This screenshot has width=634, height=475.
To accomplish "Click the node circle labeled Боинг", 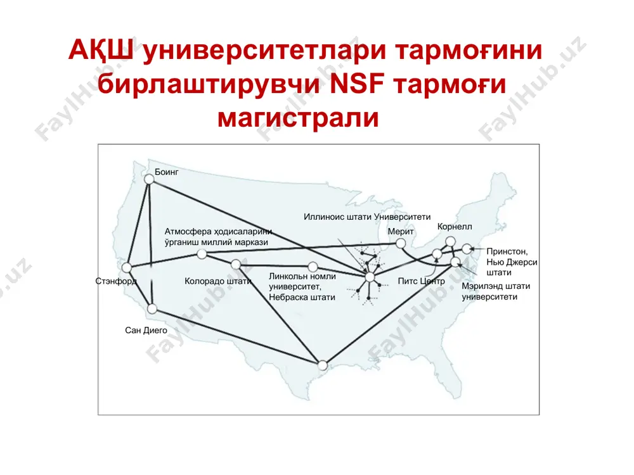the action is pyautogui.click(x=149, y=179).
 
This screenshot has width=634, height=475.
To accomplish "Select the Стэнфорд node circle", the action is pyautogui.click(x=127, y=268).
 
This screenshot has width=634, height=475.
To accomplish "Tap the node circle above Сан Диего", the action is pyautogui.click(x=152, y=309).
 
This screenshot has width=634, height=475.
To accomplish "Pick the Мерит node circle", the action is pyautogui.click(x=401, y=244).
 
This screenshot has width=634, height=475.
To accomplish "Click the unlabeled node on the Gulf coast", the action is pyautogui.click(x=323, y=365).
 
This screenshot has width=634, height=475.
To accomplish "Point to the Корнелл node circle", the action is pyautogui.click(x=450, y=242).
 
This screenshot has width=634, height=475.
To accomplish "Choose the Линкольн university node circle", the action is pyautogui.click(x=313, y=267).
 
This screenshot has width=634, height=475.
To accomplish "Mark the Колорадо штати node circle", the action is pyautogui.click(x=236, y=265).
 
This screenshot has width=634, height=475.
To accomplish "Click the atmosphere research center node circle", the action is pyautogui.click(x=202, y=254).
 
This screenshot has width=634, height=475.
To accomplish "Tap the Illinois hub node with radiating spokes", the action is pyautogui.click(x=370, y=277).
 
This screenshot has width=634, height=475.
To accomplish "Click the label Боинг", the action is pyautogui.click(x=167, y=172).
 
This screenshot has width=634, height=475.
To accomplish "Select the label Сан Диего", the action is pyautogui.click(x=146, y=331).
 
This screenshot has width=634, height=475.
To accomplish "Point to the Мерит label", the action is pyautogui.click(x=401, y=231).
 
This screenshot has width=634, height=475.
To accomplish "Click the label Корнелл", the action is pyautogui.click(x=455, y=227).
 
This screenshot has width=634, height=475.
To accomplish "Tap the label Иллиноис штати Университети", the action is pyautogui.click(x=367, y=217).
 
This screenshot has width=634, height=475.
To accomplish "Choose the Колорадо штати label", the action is pyautogui.click(x=218, y=281).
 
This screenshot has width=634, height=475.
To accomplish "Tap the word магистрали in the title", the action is pyautogui.click(x=299, y=118).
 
